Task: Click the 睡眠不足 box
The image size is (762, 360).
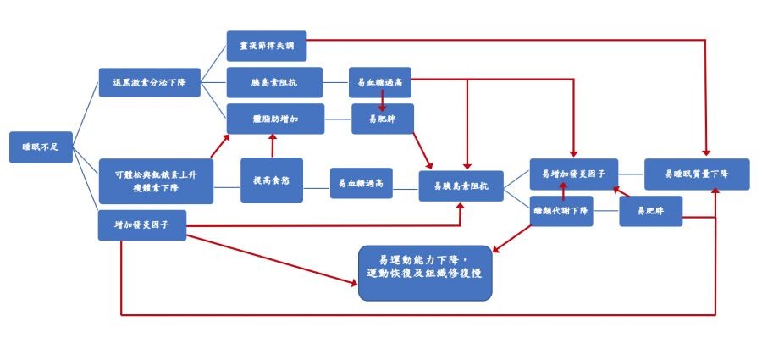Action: point(41,147)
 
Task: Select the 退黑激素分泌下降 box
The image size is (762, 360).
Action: point(150,84)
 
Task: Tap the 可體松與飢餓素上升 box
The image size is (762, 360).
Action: point(155,180)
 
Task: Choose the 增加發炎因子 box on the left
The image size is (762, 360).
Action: point(141,224)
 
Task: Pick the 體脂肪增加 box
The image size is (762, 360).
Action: point(274,119)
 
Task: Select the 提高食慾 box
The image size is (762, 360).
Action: point(272,180)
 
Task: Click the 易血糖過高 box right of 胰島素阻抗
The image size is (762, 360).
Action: point(379,82)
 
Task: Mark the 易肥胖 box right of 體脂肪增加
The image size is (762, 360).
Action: point(384,120)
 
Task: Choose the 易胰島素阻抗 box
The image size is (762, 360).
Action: point(461,185)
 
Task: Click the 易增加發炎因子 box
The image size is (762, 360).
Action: point(573,173)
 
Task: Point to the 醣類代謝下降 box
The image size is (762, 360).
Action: point(561,211)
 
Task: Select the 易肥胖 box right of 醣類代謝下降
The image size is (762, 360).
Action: point(650,211)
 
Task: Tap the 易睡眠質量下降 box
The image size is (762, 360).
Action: point(697,174)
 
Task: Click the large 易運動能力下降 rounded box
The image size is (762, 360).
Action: point(425,271)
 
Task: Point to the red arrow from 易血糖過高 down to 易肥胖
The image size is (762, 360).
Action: point(383,102)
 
